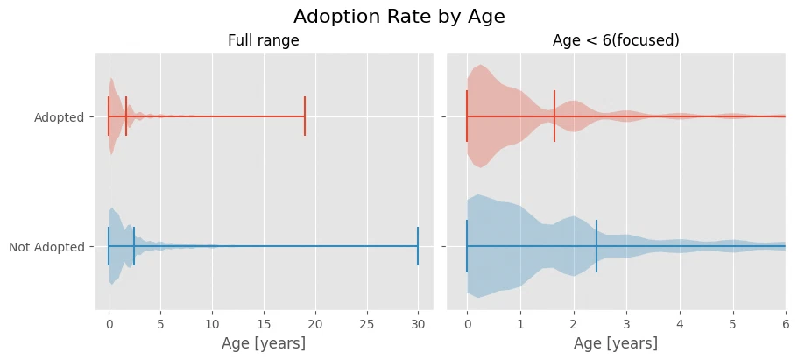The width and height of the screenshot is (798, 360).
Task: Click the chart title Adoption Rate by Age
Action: pos(399,17)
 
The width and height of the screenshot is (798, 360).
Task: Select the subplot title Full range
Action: pos(263,41)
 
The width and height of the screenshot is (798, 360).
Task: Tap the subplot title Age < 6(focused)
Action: pos(616,41)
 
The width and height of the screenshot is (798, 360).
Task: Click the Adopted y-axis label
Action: pos(59,117)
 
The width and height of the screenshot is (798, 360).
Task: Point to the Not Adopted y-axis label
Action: pos(46,248)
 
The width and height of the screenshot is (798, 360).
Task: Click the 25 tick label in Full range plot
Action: pos(367,324)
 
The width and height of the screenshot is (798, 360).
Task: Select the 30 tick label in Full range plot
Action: pos(419,324)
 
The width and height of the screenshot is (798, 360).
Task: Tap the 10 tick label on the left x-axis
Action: pos(212,324)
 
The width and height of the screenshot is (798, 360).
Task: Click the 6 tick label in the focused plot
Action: pos(786,324)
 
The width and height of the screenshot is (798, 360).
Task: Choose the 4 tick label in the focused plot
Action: pos(680,324)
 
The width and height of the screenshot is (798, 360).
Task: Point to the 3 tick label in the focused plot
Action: pos(626,324)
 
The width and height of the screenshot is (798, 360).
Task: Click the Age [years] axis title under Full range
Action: pos(264,343)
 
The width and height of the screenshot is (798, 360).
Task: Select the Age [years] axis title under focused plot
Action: pos(616,343)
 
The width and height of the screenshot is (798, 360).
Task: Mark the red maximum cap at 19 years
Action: pos(305,116)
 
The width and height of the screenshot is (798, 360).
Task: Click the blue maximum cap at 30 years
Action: pos(418,246)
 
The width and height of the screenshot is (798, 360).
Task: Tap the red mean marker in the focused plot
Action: pos(554,116)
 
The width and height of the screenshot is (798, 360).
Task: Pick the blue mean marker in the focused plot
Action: pos(597,246)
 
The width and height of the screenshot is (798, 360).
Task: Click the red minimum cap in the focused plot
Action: pos(467,116)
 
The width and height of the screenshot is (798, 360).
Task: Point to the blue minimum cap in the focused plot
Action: pos(467,246)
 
